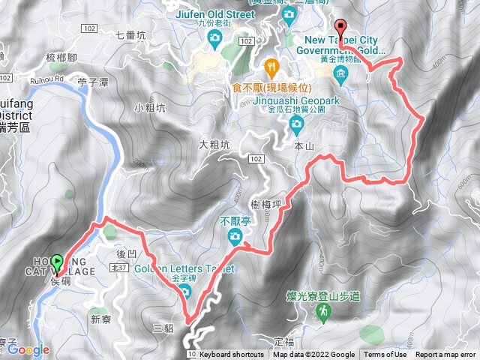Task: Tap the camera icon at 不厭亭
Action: pos(235,238)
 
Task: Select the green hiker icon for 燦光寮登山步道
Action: pos(324,310)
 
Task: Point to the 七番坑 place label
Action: pos(131,34)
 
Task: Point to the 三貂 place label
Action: pos(163,328)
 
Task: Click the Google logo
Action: pos(28,349)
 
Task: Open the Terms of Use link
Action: pos(385,355)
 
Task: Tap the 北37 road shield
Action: pos(118,267)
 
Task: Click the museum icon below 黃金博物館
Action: pos(341,73)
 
